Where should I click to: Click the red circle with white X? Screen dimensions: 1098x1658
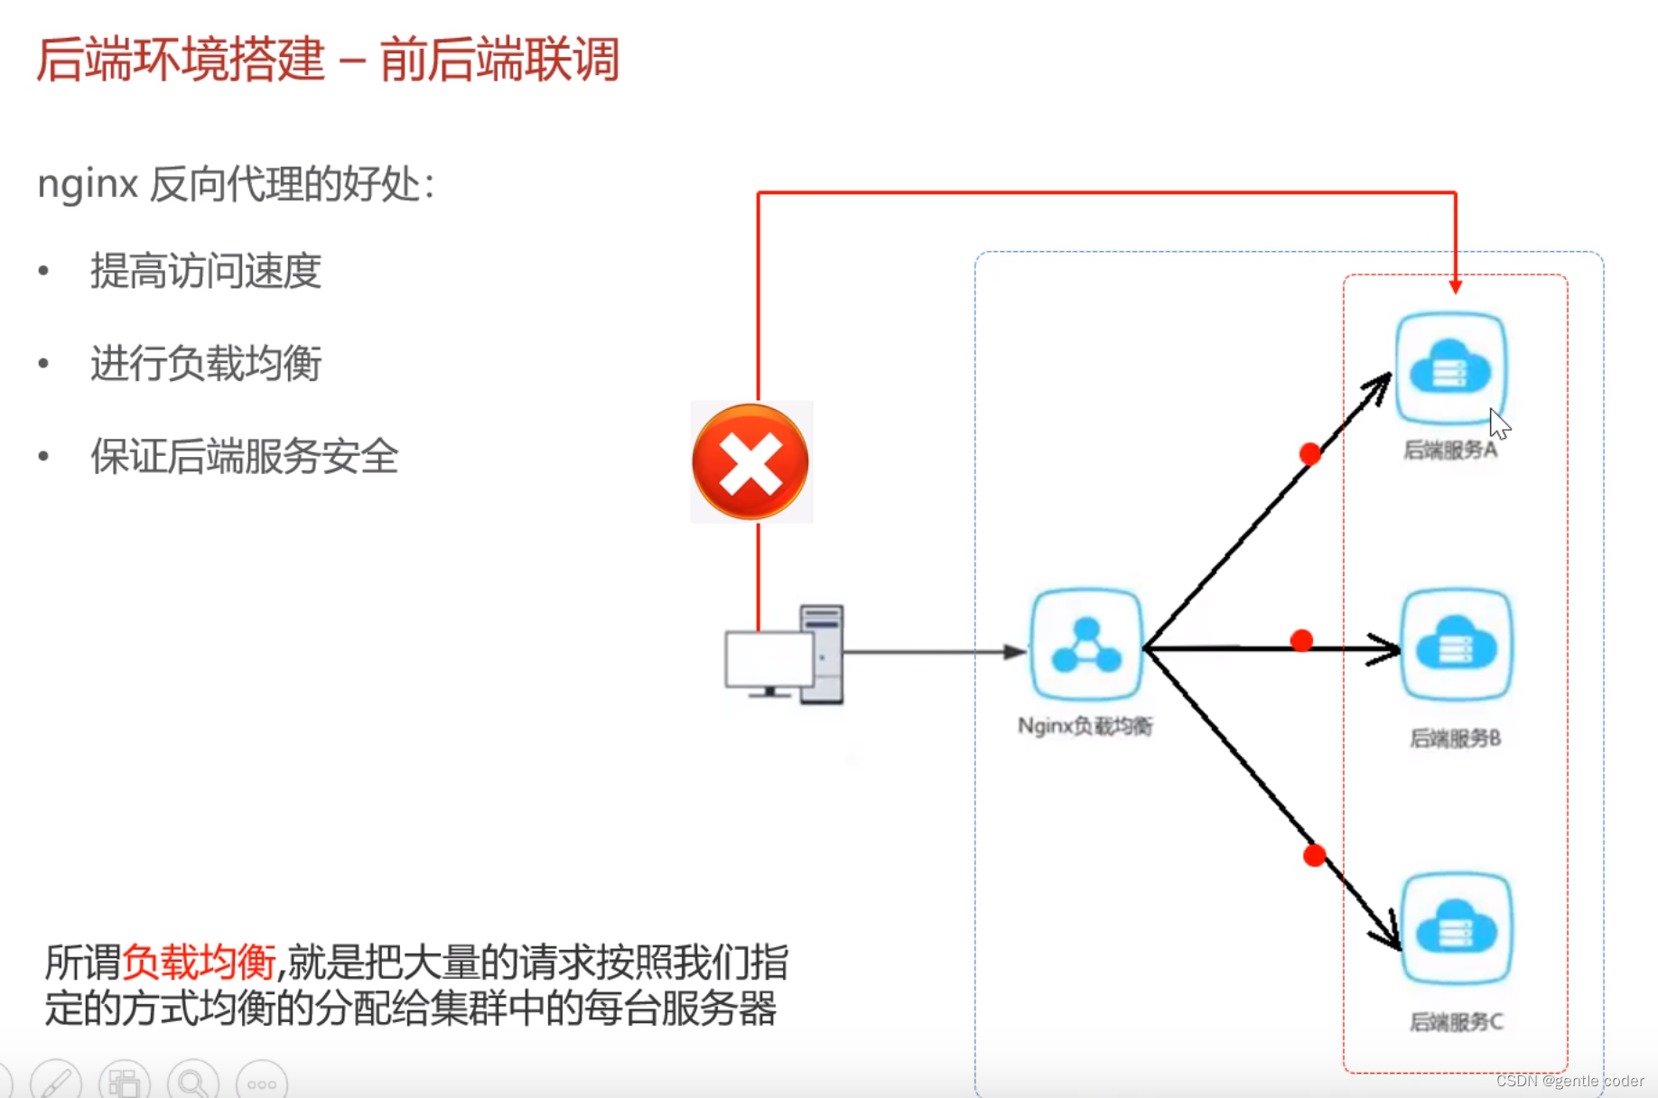click(x=750, y=462)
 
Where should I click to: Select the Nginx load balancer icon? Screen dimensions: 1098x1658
click(x=1086, y=645)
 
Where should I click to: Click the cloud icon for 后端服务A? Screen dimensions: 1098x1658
click(x=1450, y=368)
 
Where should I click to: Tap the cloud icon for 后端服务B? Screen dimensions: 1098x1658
click(x=1456, y=645)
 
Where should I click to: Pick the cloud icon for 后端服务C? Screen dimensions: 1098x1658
click(x=1456, y=927)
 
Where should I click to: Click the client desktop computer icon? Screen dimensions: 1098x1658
click(x=785, y=655)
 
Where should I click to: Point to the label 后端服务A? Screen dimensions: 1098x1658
click(x=1450, y=450)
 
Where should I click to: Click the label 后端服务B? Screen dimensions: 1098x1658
click(x=1455, y=739)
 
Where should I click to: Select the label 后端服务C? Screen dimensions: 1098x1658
click(x=1456, y=1022)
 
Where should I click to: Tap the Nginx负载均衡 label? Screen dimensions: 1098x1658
click(x=1085, y=726)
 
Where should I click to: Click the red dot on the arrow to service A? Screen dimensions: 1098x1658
click(x=1310, y=453)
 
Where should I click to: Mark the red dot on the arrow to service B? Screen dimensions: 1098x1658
click(x=1301, y=641)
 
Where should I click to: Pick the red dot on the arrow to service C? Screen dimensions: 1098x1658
click(x=1315, y=855)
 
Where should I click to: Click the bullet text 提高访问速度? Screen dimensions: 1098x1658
click(x=206, y=271)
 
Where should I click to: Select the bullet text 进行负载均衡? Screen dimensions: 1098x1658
click(x=206, y=364)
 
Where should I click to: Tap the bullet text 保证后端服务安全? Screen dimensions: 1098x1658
click(x=244, y=456)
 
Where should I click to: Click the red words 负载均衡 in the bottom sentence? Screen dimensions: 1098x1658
click(x=199, y=963)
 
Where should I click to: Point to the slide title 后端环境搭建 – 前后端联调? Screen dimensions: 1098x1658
click(x=328, y=60)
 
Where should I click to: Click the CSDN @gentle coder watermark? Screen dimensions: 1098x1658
click(x=1570, y=1081)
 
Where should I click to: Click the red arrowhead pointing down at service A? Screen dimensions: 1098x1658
click(x=1455, y=286)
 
